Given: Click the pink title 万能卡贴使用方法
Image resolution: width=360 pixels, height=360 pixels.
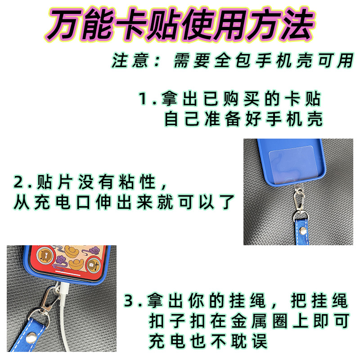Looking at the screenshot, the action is click(180, 25).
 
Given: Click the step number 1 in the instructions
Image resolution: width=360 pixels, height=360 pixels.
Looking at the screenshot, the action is click(143, 99).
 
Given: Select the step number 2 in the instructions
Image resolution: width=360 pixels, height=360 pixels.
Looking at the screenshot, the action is click(19, 182).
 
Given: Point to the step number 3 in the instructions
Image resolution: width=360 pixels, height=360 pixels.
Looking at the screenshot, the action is click(129, 301).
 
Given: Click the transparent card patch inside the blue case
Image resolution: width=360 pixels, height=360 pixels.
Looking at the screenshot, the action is click(292, 165).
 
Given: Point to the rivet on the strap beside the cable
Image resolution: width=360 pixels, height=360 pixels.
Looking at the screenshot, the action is click(31, 338).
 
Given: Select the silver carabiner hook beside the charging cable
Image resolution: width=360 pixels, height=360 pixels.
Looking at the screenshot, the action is click(49, 299).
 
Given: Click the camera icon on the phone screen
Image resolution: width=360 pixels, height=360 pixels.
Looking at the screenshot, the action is click(93, 265).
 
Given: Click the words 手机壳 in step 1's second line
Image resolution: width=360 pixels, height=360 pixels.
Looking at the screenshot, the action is click(295, 119).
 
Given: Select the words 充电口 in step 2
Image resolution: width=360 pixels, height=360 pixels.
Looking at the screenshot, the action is click(62, 202).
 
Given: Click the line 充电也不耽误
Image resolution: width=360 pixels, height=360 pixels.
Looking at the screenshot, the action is click(208, 341).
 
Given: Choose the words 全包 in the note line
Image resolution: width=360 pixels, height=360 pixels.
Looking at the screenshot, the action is click(232, 61).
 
